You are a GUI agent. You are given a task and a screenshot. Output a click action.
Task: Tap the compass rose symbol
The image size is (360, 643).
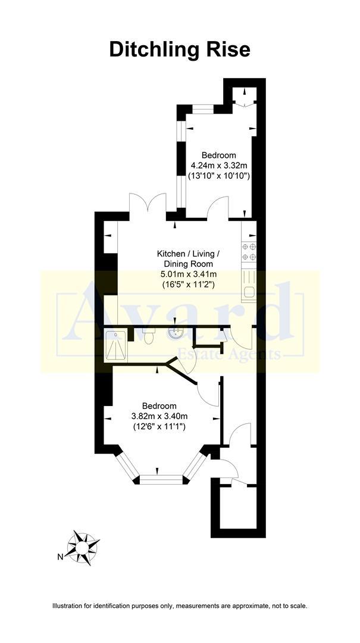pyautogui.click(x=82, y=545)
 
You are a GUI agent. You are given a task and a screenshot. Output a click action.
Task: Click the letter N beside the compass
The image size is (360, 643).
pyautogui.click(x=60, y=557)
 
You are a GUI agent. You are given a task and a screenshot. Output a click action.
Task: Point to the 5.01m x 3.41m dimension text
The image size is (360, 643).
pyautogui.click(x=188, y=274)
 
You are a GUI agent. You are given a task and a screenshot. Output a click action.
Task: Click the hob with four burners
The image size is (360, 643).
pyautogui.click(x=249, y=252)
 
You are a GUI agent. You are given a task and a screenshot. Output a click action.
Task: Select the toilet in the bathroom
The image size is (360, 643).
pyautogui.click(x=149, y=336)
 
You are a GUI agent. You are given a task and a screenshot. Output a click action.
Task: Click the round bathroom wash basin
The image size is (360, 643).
pyautogui.click(x=176, y=334)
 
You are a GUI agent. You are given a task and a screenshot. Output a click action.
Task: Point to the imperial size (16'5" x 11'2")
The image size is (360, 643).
pyautogui.click(x=188, y=285)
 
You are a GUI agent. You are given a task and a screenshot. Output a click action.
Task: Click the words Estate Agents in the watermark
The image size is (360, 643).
pyautogui.click(x=238, y=355)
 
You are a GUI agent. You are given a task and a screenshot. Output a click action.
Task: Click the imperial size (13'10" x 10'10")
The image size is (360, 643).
pyautogui.click(x=218, y=176)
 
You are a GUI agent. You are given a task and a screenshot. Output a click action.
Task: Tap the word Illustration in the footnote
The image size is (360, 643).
pyautogui.click(x=71, y=606)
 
